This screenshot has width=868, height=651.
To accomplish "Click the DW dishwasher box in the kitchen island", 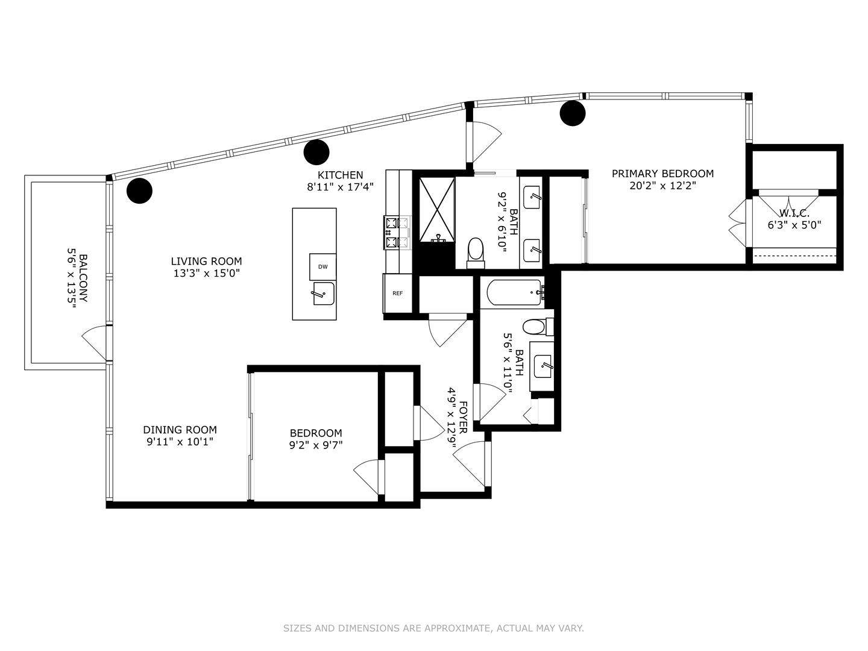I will (322, 267).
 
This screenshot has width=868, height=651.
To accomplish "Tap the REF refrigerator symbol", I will (397, 294).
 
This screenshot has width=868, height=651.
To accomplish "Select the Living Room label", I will (206, 261).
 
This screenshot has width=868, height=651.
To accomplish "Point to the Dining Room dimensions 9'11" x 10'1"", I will (180, 441).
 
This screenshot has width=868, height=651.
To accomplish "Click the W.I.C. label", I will (794, 213).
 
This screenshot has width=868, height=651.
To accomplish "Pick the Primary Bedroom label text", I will (662, 174).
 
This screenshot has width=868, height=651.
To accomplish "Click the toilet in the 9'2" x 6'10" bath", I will (476, 251).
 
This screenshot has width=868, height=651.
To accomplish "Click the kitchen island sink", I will (323, 294).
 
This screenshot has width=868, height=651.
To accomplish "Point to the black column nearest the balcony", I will (139, 190).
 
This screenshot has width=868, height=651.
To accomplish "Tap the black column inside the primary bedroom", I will (572, 113).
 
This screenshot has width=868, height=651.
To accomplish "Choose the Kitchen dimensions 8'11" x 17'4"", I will (340, 187).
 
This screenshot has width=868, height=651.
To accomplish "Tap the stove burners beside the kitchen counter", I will (397, 233).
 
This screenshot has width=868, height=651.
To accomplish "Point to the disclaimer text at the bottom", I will (433, 628).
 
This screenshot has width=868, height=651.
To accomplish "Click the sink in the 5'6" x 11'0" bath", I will (544, 365).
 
